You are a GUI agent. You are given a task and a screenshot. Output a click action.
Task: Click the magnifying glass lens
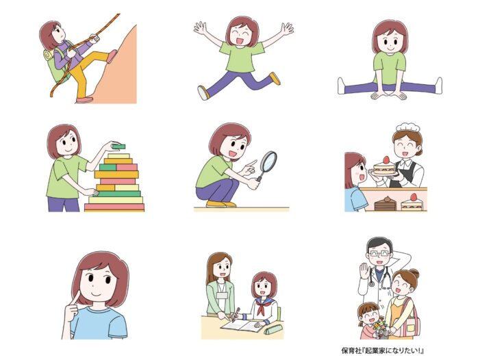pyautogui.click(x=269, y=162)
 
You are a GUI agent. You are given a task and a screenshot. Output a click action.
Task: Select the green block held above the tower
pyautogui.click(x=118, y=146)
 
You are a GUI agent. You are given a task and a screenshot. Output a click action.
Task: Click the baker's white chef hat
pyautogui.click(x=408, y=127)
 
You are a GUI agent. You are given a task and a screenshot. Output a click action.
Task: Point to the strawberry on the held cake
pyautogui.click(x=386, y=159)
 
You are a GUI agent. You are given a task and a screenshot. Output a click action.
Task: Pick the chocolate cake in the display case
pyautogui.click(x=385, y=203)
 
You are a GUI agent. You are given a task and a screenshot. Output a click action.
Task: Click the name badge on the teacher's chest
pyautogui.click(x=223, y=295)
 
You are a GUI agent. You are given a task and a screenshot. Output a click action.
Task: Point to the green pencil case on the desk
pyautogui.click(x=273, y=329)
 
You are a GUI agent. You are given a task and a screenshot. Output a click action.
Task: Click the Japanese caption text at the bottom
pyautogui.click(x=383, y=350)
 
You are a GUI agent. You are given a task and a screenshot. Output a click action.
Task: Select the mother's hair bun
pyautogui.click(x=414, y=273)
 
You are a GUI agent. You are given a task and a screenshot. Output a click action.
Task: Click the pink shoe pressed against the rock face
pyautogui.click(x=112, y=56)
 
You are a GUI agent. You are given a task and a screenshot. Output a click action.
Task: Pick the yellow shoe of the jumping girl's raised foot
pyautogui.click(x=275, y=78)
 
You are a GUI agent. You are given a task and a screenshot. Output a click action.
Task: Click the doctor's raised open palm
pyautogui.click(x=364, y=272)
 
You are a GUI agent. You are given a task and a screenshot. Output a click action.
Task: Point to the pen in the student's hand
pyautogui.click(x=236, y=314)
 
